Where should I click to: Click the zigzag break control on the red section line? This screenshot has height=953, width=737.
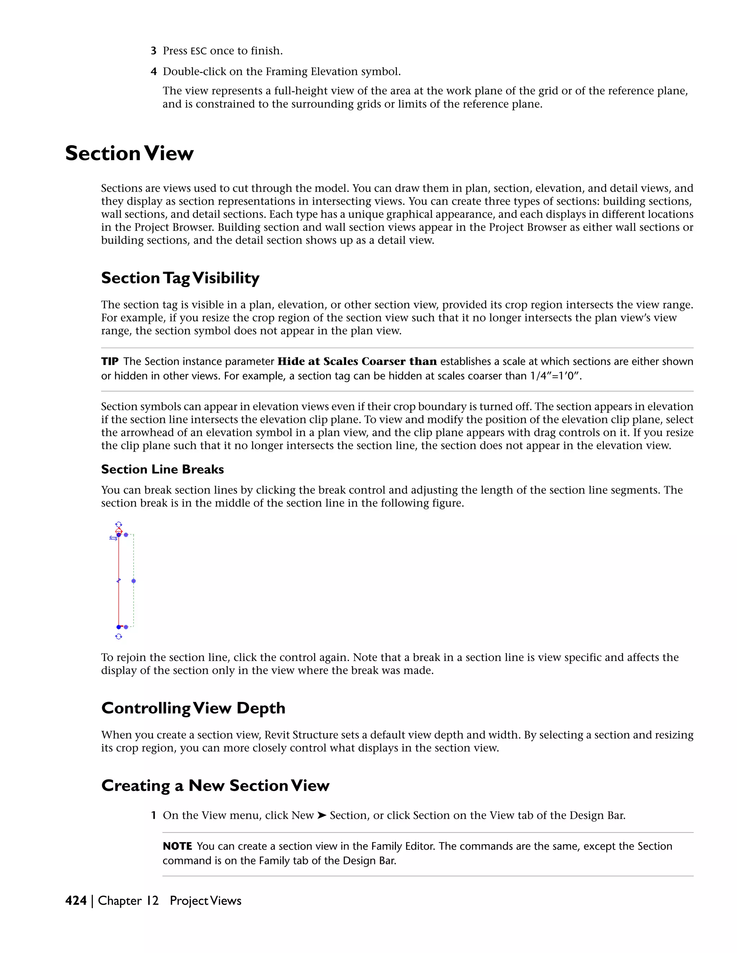point(118,581)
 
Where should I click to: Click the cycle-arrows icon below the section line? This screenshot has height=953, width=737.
point(118,637)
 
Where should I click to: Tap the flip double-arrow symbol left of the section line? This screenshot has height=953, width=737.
point(113,538)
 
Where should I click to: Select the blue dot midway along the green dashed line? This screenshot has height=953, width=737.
point(134,581)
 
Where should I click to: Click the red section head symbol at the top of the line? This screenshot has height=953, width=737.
point(118,531)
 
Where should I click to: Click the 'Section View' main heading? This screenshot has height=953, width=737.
point(129,154)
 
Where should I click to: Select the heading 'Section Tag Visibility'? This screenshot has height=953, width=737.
point(180,278)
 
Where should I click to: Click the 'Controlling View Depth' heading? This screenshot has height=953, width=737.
point(193,708)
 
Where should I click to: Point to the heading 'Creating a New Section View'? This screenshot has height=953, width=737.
point(215,785)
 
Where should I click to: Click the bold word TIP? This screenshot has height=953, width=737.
point(110,361)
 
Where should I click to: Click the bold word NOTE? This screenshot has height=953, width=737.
point(177,846)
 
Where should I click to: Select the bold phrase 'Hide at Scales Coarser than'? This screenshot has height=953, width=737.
point(357,361)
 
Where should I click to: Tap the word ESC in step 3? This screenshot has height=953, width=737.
point(198,51)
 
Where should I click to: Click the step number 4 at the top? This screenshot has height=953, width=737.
point(154,72)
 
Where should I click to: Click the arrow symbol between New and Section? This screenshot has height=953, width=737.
point(321,815)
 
